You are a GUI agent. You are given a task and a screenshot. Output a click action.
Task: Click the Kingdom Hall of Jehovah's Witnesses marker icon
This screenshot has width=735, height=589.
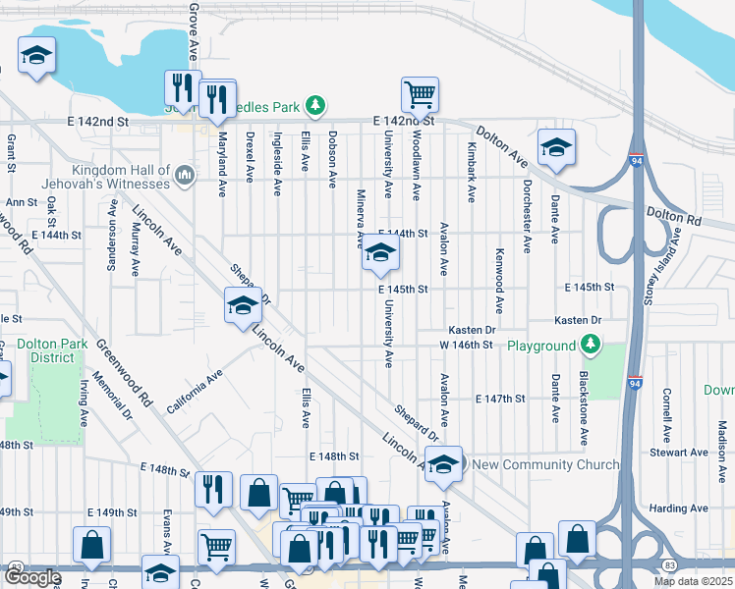pos(184,177)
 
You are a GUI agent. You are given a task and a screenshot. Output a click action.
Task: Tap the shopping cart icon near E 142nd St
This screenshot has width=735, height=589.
pos(420,95)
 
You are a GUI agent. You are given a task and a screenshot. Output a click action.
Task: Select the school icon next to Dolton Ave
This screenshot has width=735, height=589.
pos(556,147)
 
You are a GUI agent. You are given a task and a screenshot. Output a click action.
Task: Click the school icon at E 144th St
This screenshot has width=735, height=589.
pos(380,255)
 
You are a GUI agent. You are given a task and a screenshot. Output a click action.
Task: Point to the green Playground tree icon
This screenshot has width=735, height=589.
pos(590,346)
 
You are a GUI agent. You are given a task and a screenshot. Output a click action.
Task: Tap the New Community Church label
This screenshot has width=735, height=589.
pos(545,464)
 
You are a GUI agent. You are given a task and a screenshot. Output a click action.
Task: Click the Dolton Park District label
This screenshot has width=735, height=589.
pos(45,350)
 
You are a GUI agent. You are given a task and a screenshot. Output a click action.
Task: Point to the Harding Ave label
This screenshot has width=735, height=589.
pos(679,509)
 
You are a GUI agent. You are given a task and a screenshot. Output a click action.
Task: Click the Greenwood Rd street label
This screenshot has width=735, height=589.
pos(124,373)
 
